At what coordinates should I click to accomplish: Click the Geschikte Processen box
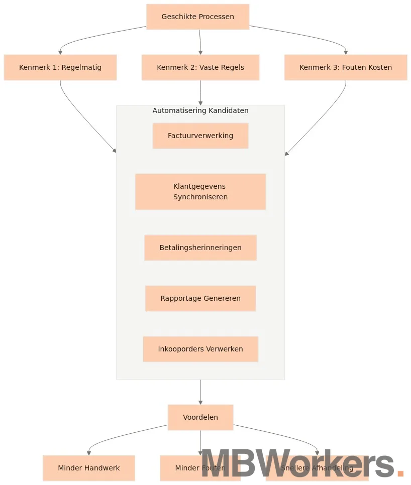pos(197,17)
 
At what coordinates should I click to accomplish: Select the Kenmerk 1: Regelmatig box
pos(60,67)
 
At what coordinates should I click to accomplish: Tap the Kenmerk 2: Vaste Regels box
pos(200,67)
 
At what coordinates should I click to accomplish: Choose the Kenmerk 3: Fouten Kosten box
pos(345,67)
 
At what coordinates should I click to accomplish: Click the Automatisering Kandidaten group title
pos(200,110)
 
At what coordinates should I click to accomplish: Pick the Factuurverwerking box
pos(200,136)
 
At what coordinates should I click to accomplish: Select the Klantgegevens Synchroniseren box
pos(200,191)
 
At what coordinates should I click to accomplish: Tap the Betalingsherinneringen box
pos(200,248)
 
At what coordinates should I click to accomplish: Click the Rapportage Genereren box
pos(200,298)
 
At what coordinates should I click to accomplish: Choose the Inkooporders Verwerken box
pos(200,349)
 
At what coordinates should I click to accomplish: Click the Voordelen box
pos(200,417)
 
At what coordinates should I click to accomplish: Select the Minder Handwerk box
pos(88,468)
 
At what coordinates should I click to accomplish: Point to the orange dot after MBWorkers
pos(400,473)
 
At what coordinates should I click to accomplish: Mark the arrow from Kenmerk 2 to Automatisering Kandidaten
pos(200,93)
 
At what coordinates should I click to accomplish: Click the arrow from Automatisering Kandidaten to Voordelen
pos(200,392)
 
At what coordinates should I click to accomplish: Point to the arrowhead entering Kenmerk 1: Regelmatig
pos(60,52)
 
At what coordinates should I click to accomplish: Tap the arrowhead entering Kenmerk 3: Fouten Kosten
pos(346,52)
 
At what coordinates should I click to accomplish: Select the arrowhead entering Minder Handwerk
pos(89,453)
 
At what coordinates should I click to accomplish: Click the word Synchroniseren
pos(200,197)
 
